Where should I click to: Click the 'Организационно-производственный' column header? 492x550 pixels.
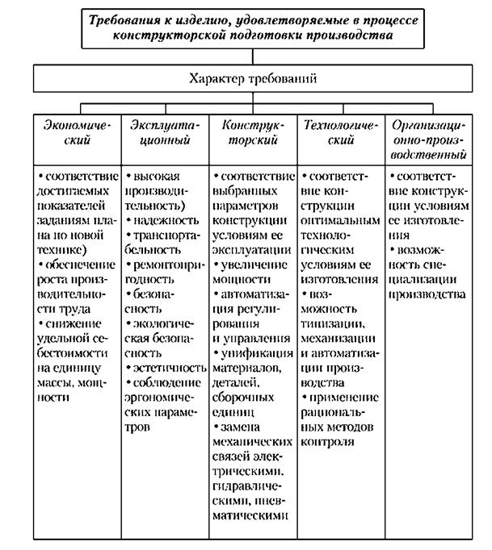[427, 139]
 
